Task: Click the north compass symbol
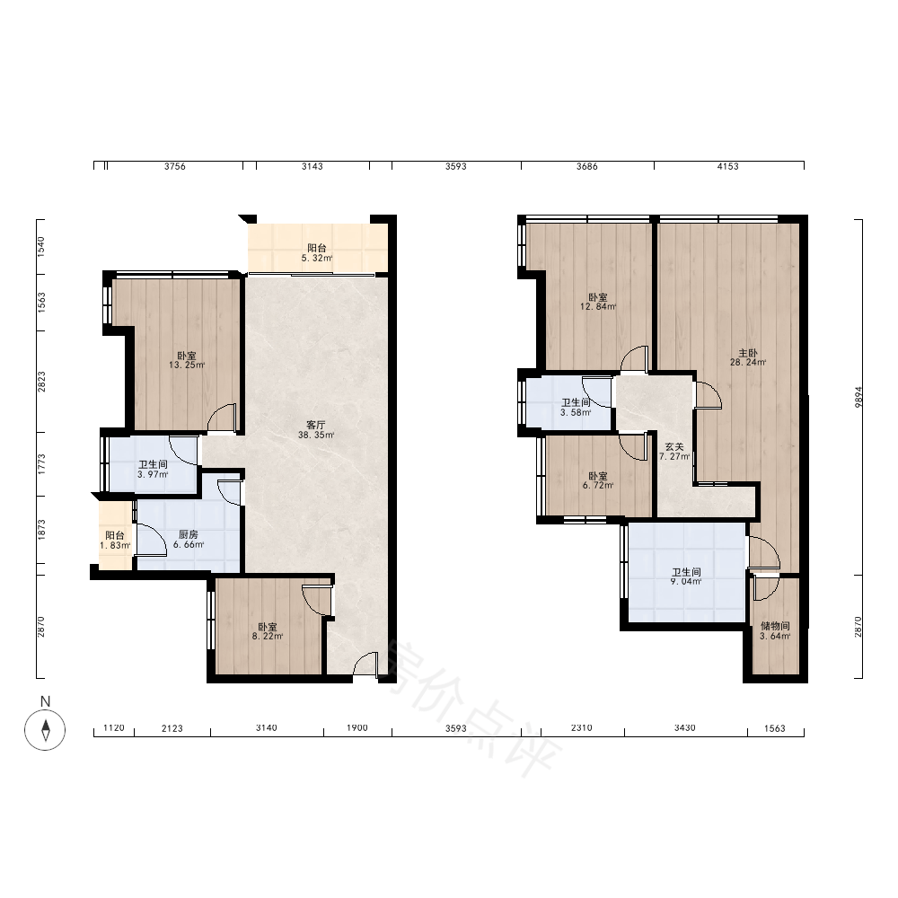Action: pos(45,729)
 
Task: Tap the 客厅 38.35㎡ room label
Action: pos(315,429)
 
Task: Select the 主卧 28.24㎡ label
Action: pos(748,357)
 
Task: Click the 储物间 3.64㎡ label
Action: pos(775,631)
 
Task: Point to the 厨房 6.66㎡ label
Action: pos(189,540)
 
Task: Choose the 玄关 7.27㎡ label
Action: pos(674,452)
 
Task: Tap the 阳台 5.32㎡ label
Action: pos(317,252)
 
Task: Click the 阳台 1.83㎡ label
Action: pos(115,540)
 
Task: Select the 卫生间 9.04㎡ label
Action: pos(686,577)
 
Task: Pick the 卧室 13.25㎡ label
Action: pos(187,360)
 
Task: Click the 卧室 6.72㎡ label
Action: pos(598,480)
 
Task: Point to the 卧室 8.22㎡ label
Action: pos(267,631)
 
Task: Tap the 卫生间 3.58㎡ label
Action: pos(576,407)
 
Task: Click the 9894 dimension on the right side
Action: pos(858,397)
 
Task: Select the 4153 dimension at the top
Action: pos(728,166)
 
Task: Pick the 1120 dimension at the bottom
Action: pos(114,728)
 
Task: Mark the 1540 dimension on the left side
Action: pos(40,246)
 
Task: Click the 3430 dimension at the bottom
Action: pos(684,728)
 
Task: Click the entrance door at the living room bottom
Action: pos(365,665)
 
